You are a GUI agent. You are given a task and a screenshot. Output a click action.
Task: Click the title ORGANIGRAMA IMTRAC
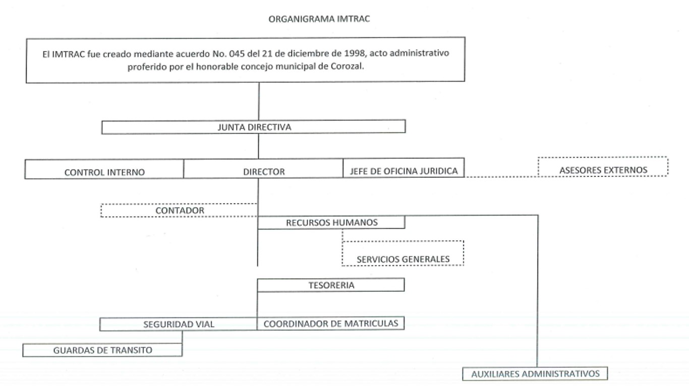pos(319,19)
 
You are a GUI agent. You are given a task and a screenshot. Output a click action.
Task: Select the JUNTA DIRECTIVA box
pos(253,127)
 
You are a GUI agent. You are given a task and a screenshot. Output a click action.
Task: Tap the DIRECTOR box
pos(263,169)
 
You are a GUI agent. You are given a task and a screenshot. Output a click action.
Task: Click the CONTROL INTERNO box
pos(104,169)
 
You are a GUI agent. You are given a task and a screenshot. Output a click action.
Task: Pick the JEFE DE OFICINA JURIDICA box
pos(404,168)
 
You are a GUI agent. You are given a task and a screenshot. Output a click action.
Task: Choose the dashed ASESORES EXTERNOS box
pos(603,167)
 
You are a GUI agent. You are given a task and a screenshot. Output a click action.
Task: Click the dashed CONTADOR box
pos(179,211)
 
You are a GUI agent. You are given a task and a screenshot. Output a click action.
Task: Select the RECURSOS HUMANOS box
pos(331,222)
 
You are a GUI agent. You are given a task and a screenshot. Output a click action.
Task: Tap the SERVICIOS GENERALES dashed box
pos(403,253)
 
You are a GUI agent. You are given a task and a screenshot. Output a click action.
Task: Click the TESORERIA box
pos(331,285)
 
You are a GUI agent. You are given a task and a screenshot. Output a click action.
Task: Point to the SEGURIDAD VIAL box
pos(179,324)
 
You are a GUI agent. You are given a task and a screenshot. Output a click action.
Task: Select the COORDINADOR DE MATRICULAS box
pos(331,324)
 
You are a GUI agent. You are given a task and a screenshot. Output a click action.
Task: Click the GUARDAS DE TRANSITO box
pos(102,350)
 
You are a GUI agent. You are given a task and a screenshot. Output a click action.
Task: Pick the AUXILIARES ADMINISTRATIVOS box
pos(535,374)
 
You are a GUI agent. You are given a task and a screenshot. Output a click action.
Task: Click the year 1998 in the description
pos(355,53)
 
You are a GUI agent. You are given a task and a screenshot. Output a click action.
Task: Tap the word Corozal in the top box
pos(347,67)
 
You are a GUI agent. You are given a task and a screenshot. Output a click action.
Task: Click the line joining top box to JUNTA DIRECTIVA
pos(259,101)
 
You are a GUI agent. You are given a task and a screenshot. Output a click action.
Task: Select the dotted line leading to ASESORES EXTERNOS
pos(501,177)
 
